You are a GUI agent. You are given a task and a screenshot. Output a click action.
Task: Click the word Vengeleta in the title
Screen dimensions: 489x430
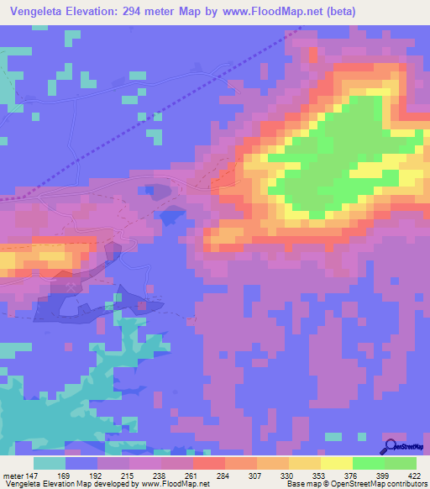38,11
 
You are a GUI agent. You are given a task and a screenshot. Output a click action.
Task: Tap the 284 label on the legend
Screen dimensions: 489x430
223,475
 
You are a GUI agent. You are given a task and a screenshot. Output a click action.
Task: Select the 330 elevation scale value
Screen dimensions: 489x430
286,475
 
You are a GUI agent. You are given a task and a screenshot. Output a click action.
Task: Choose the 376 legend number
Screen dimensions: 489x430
350,475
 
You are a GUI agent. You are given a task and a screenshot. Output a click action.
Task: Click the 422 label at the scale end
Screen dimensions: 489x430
414,475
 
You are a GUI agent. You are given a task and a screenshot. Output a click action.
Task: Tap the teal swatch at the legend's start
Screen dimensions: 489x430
50,463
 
